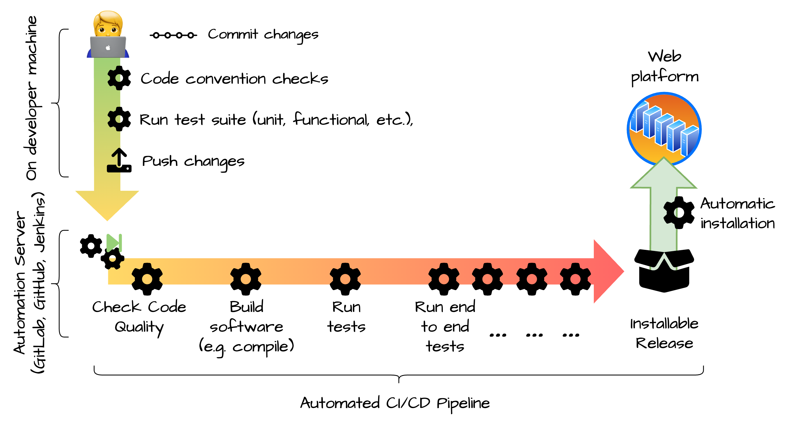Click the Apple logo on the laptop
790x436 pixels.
tap(108, 48)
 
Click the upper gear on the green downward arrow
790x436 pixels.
tap(115, 78)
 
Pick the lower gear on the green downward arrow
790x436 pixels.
tap(115, 119)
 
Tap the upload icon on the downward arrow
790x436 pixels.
tap(115, 161)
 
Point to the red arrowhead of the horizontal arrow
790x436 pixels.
tap(607, 271)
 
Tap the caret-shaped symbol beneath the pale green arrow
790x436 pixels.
tap(664, 262)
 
